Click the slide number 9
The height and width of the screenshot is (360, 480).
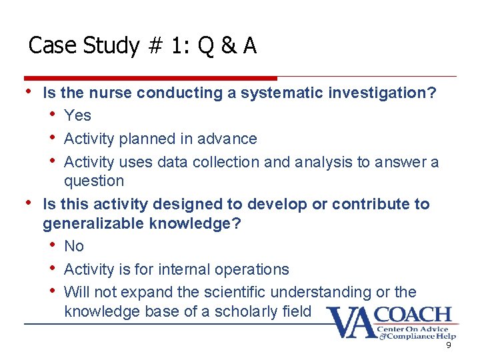449,345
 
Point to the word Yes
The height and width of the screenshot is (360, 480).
77,115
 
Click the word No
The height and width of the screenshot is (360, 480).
74,246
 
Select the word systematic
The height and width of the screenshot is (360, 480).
283,93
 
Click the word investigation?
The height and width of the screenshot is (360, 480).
383,93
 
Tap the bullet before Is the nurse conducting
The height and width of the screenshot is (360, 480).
28,92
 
